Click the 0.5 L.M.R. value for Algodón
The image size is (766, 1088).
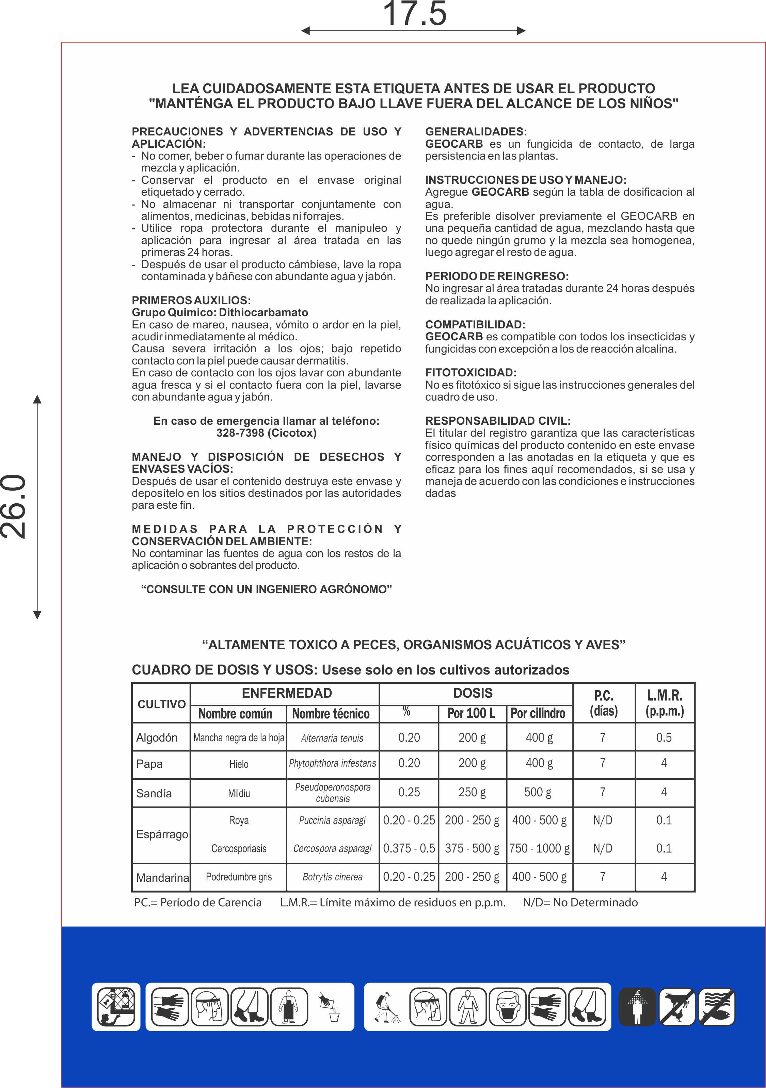coord(664,737)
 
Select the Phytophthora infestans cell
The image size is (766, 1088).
coord(332,763)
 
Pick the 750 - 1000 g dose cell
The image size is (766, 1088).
coord(539,848)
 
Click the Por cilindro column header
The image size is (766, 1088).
coord(538,713)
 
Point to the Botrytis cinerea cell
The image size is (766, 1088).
coord(332,877)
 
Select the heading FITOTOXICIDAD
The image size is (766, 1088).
coord(470,372)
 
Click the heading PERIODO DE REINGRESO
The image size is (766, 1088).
coord(496,276)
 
